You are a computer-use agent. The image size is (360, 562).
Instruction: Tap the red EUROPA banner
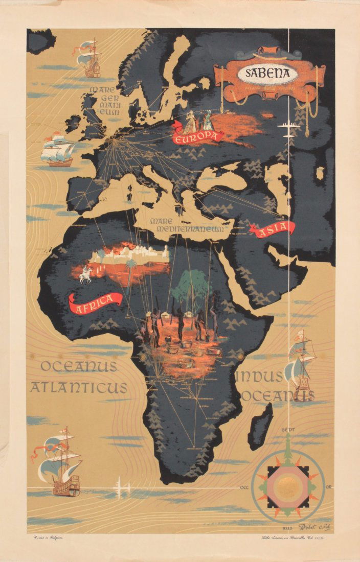[198, 136]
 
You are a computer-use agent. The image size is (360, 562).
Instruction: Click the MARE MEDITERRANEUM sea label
[187, 225]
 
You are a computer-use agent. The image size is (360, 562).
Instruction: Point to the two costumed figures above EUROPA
[197, 121]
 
